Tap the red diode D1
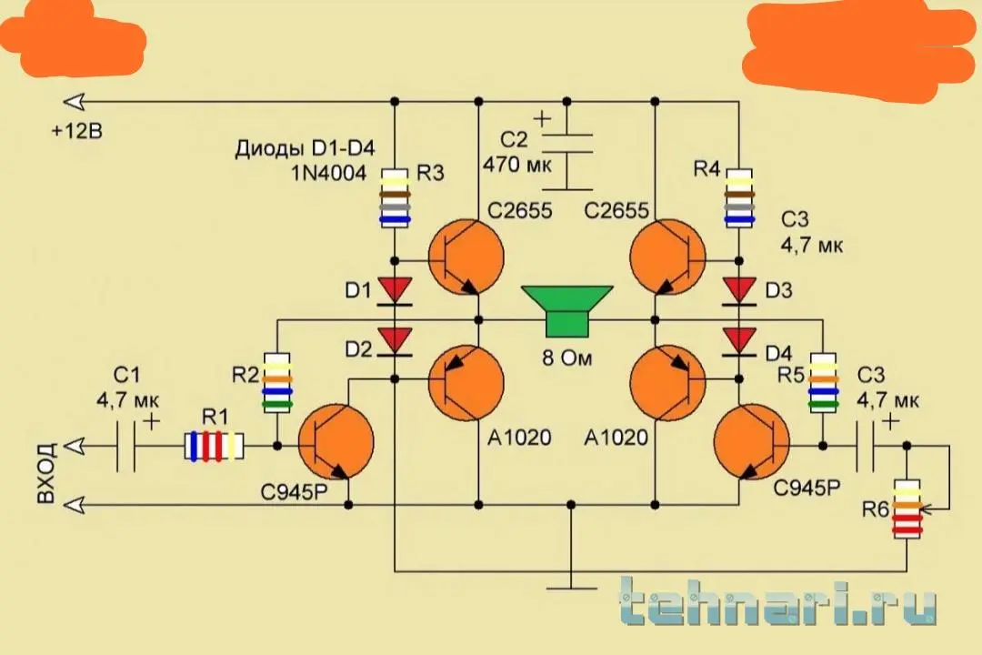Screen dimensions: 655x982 pos(395,289)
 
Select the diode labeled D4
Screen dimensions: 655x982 pos(738,340)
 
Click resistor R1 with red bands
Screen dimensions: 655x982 pos(215,446)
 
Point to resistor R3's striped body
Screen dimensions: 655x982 pos(395,196)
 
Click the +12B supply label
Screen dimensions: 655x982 pos(77,132)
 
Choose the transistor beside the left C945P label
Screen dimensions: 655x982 pos(335,445)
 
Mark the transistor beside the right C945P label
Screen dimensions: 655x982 pos(752,445)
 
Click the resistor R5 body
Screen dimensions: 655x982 pos(824,382)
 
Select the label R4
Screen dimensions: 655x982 pos(707,168)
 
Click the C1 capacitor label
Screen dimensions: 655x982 pos(126,374)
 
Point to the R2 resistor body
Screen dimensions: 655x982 pos(278,382)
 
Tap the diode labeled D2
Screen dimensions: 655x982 pos(395,340)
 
